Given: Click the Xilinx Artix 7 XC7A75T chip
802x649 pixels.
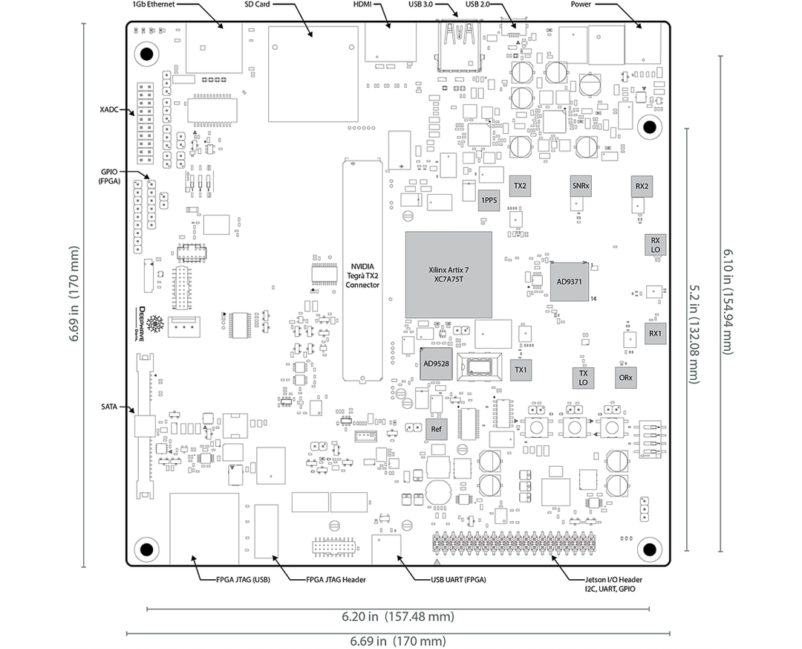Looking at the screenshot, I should (x=449, y=275).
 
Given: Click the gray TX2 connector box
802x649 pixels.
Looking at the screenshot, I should (x=520, y=185).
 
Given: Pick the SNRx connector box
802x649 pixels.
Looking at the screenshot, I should (x=581, y=185).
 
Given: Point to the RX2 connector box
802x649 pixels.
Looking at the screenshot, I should (x=642, y=186).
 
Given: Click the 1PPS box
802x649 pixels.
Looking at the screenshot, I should (x=489, y=201).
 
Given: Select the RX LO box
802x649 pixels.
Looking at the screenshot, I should (x=655, y=245).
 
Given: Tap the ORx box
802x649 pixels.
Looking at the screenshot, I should (x=626, y=377).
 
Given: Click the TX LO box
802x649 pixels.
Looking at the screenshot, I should (x=583, y=378).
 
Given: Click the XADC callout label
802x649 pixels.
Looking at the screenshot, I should (x=110, y=109).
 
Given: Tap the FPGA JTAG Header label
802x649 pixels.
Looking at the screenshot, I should (x=336, y=580).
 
